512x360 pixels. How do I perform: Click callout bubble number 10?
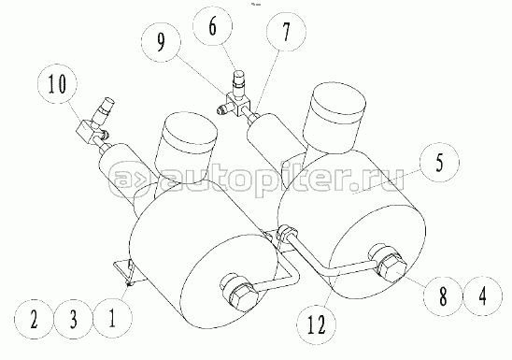pyautogui.click(x=58, y=84)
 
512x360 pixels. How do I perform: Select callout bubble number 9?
pyautogui.click(x=162, y=42)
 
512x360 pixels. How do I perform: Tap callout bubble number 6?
pyautogui.click(x=213, y=26)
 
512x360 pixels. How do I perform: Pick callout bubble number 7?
pyautogui.click(x=287, y=32)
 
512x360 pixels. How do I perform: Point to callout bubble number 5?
pyautogui.click(x=439, y=163)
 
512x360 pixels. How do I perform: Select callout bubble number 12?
pyautogui.click(x=316, y=324)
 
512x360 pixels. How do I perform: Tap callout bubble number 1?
pyautogui.click(x=113, y=319)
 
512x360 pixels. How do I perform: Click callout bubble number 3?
pyautogui.click(x=74, y=319)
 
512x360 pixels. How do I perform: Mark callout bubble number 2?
pyautogui.click(x=34, y=319)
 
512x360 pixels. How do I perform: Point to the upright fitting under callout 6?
pyautogui.click(x=239, y=83)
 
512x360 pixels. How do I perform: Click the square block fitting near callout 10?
pyautogui.click(x=87, y=131)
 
